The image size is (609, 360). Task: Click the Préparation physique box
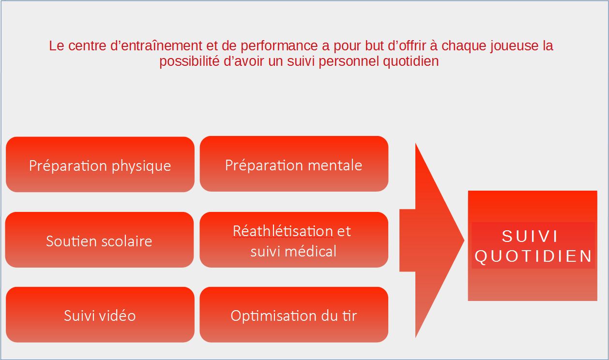pos(100,165)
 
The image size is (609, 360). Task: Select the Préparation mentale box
pos(294,164)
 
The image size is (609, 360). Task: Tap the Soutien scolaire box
pos(100,240)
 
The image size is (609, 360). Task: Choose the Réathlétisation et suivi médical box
pos(294,240)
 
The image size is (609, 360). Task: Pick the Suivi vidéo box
pos(100,315)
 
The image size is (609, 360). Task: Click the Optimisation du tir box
pos(294,315)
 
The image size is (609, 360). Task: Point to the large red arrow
pos(432,240)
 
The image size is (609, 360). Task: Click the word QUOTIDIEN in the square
pos(533,256)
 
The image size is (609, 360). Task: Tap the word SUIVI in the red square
pos(530,236)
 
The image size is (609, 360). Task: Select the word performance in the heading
pos(279,46)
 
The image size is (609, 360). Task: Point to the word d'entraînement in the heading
pos(156,45)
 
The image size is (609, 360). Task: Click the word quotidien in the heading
pos(411,61)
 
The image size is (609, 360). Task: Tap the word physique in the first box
pos(141,166)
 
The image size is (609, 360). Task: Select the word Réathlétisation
pos(283,231)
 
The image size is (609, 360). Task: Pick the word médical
pos(310,251)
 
